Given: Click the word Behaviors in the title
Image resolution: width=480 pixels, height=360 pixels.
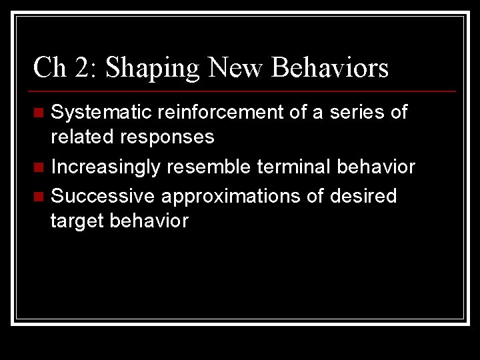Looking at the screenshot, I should [x=331, y=67].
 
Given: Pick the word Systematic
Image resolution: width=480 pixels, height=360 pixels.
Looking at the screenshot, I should [x=103, y=113].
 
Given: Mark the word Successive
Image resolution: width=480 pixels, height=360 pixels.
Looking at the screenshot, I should [x=103, y=196].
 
